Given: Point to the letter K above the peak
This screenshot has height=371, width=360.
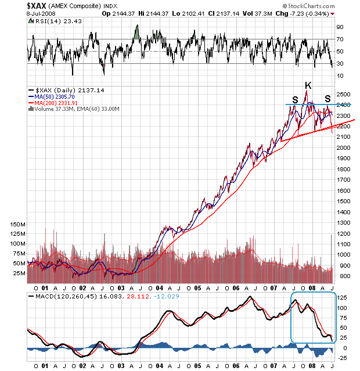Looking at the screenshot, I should click(308, 85).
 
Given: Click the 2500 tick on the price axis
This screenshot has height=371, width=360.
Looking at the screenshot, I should click(343, 94).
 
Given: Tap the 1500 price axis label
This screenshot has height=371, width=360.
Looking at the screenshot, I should click(343, 201).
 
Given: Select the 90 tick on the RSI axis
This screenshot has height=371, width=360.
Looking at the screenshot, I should click(340, 27).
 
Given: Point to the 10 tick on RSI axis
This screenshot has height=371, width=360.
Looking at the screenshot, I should click(340, 75).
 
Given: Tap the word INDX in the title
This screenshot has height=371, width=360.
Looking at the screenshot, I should click(109, 6).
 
